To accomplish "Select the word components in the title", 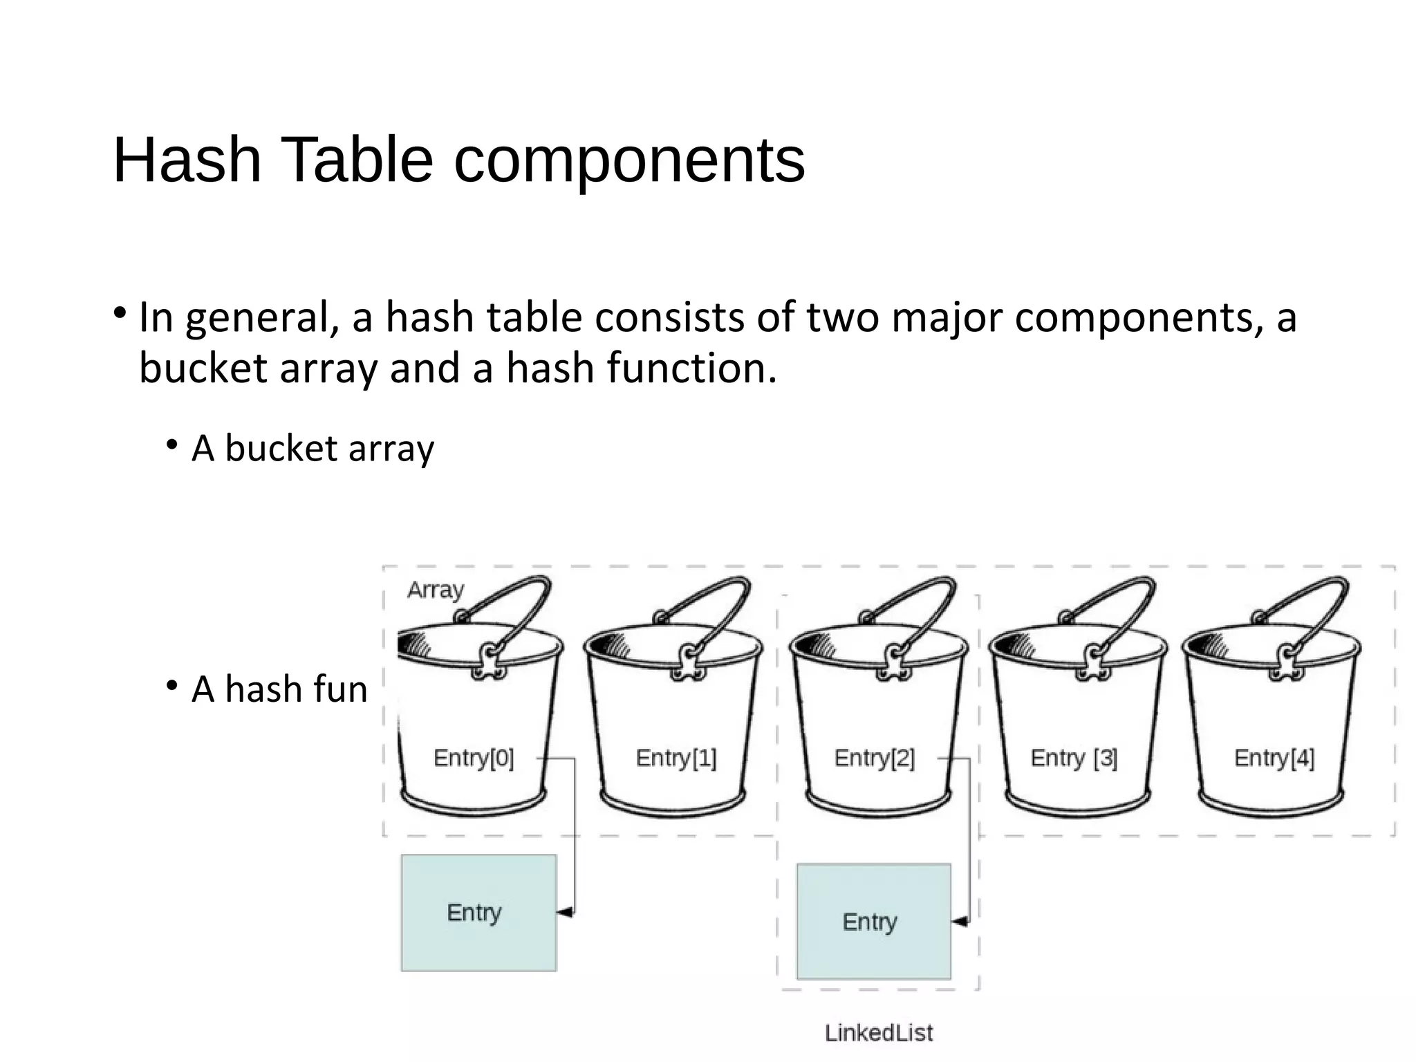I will coord(629,161).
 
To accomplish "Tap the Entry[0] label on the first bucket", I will coord(474,758).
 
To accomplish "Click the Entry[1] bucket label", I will coord(676,758).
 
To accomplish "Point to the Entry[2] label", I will coord(874,758).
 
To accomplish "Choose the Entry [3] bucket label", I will coord(1074,758).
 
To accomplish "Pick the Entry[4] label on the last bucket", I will coord(1274,758).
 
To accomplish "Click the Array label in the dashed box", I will coord(436,590).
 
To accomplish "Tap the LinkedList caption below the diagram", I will coord(879,1033).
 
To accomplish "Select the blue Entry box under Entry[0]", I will coord(478,913).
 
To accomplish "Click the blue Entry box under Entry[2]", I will coord(873,921).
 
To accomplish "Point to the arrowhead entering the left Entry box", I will coord(565,913).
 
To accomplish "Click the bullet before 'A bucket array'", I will coord(172,445).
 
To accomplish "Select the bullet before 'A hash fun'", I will coord(172,686).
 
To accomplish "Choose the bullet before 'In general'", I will coord(120,313).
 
